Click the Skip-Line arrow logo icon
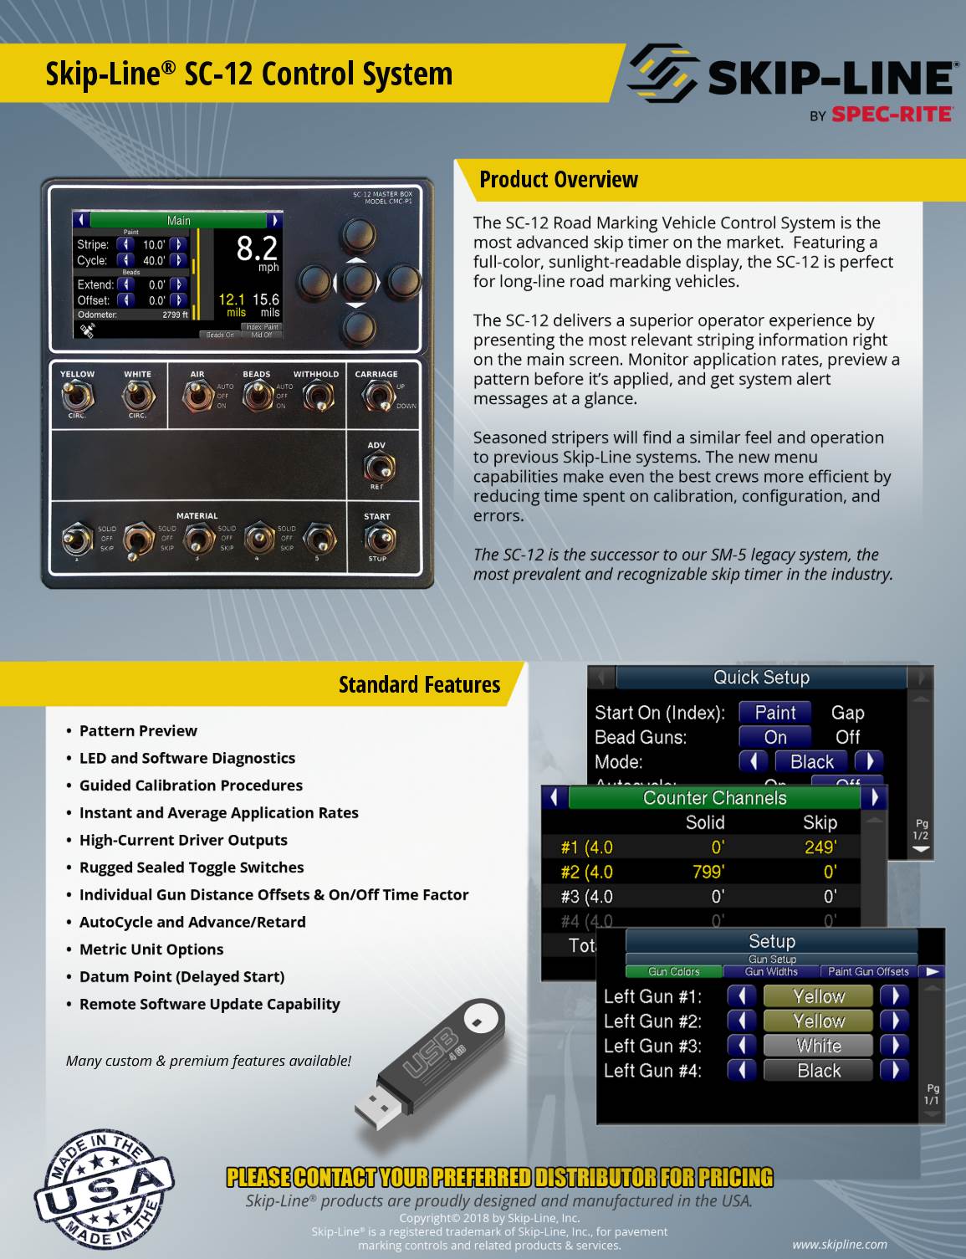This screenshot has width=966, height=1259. [662, 73]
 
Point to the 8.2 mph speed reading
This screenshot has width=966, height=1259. [257, 250]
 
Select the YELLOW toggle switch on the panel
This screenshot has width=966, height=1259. [77, 394]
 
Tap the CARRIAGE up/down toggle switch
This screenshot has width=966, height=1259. [377, 394]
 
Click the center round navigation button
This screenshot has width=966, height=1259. [357, 281]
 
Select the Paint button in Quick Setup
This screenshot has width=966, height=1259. [774, 713]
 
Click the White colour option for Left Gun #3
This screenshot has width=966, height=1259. [818, 1046]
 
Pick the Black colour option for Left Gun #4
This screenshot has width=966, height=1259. [818, 1071]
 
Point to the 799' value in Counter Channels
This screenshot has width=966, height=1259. [708, 872]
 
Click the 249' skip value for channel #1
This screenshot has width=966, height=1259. [820, 847]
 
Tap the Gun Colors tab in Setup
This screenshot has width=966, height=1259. [673, 972]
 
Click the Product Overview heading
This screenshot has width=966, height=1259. [559, 180]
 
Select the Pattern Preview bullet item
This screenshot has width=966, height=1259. [138, 731]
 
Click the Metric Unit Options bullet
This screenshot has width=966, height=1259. [151, 949]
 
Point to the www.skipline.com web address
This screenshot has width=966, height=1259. [839, 1244]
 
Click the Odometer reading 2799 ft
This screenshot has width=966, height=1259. [175, 315]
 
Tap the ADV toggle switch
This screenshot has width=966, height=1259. [378, 466]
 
